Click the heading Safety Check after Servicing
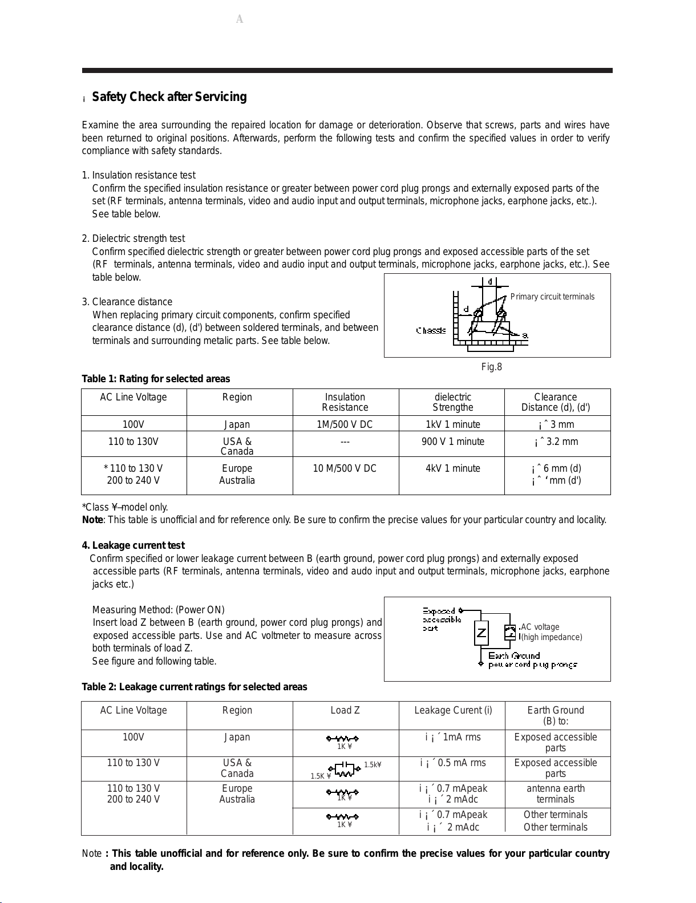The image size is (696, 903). click(169, 97)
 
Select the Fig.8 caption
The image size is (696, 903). click(491, 367)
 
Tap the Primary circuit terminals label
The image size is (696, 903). click(552, 297)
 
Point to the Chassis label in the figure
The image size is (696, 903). click(431, 331)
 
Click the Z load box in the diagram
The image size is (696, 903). click(481, 633)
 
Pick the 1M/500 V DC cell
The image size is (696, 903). click(345, 424)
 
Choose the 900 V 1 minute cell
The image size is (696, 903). click(452, 442)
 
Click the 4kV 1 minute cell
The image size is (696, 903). click(452, 468)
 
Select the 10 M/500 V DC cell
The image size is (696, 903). click(345, 468)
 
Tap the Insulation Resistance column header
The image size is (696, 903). click(345, 402)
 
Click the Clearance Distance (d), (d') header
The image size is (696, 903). click(556, 402)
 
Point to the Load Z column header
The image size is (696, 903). click(345, 710)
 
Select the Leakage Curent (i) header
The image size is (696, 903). click(453, 710)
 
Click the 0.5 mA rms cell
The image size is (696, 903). click(453, 763)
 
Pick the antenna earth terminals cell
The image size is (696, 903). click(556, 793)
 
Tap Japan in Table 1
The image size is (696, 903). click(237, 424)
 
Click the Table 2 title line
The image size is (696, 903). click(195, 687)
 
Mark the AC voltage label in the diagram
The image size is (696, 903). click(540, 627)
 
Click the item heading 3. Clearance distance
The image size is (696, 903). click(127, 302)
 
